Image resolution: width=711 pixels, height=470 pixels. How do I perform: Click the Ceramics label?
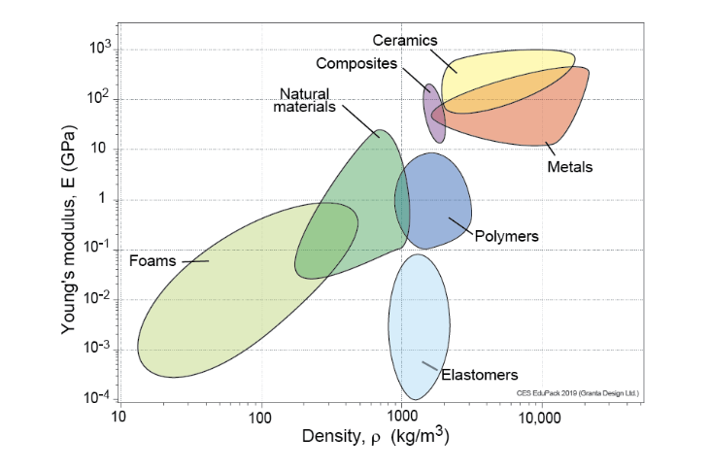click(x=404, y=40)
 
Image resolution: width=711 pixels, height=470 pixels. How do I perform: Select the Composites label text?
click(x=356, y=64)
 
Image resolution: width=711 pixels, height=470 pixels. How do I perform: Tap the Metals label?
click(x=569, y=167)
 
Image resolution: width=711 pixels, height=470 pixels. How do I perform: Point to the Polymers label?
click(x=506, y=236)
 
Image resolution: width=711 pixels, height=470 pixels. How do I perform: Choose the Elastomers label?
click(x=480, y=375)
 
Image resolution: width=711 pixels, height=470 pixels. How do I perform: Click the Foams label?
click(x=151, y=260)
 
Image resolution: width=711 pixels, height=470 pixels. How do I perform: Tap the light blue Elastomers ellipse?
click(x=418, y=325)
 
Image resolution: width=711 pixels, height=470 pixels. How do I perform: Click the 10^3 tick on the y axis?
click(x=97, y=50)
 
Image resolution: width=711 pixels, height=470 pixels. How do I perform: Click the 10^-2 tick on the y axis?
click(x=96, y=299)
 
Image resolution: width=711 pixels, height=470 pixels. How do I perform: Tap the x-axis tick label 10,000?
click(x=538, y=420)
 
